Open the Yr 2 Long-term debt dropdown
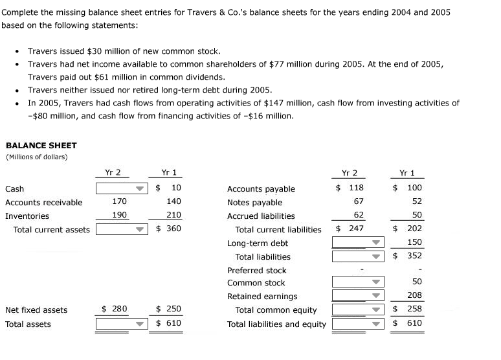pyautogui.click(x=358, y=243)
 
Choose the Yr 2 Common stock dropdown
pyautogui.click(x=358, y=282)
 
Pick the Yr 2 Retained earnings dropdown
pyautogui.click(x=358, y=296)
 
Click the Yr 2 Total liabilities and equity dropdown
pyautogui.click(x=358, y=324)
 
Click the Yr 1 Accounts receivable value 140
pyautogui.click(x=173, y=202)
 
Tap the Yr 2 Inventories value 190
pyautogui.click(x=119, y=216)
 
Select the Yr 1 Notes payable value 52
pyautogui.click(x=416, y=202)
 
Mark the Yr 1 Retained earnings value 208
pyautogui.click(x=414, y=296)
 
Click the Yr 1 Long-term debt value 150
pyautogui.click(x=414, y=243)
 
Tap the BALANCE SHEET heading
pyautogui.click(x=41, y=146)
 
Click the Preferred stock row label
pyautogui.click(x=256, y=270)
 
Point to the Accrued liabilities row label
pyautogui.click(x=261, y=216)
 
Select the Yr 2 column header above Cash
pyautogui.click(x=113, y=172)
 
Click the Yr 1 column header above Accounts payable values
pyautogui.click(x=407, y=173)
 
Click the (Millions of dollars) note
pyautogui.click(x=36, y=157)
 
